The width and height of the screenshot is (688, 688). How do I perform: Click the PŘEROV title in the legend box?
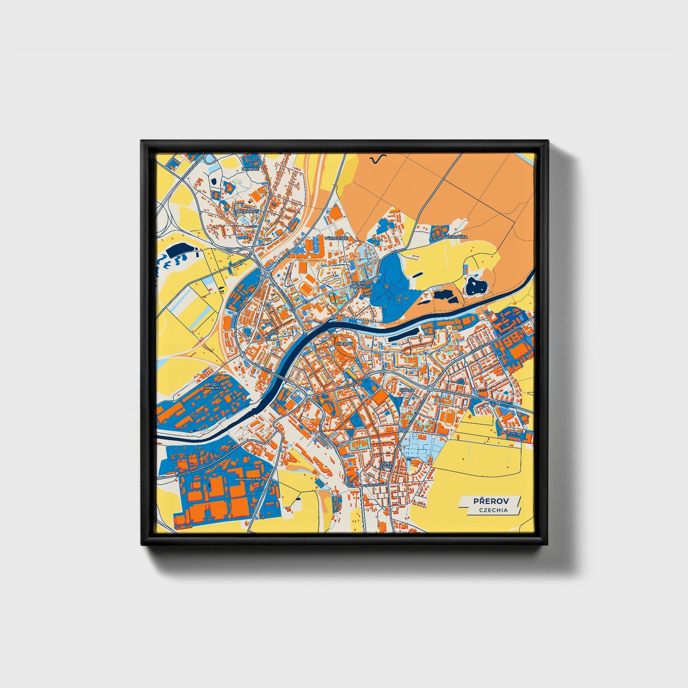pyautogui.click(x=491, y=501)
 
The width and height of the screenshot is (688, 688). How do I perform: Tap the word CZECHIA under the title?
pyautogui.click(x=493, y=510)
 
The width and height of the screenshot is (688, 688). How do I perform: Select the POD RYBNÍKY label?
pyautogui.click(x=210, y=386)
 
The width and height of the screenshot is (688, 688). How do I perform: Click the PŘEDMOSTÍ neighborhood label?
pyautogui.click(x=245, y=212)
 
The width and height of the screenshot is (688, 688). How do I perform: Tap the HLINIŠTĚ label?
pyautogui.click(x=250, y=169)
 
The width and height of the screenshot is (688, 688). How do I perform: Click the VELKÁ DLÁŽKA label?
pyautogui.click(x=358, y=285)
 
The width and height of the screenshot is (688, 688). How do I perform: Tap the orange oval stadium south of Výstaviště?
pyautogui.click(x=304, y=288)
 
